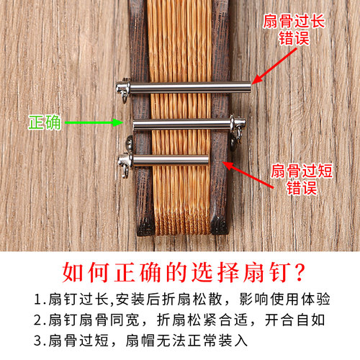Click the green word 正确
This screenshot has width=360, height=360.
(45, 122)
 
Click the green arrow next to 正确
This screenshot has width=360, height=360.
(91, 123)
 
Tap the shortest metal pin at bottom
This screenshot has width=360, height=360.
(169, 160)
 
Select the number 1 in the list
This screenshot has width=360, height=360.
(37, 299)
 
